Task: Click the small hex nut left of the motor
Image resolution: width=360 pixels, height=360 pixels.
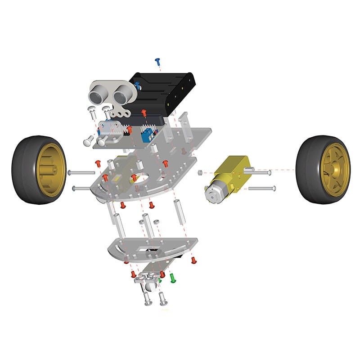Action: pyautogui.click(x=200, y=172)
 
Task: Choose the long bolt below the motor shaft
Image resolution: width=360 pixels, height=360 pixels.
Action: pyautogui.click(x=261, y=188)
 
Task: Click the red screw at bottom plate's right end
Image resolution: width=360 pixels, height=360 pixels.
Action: pyautogui.click(x=194, y=260)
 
